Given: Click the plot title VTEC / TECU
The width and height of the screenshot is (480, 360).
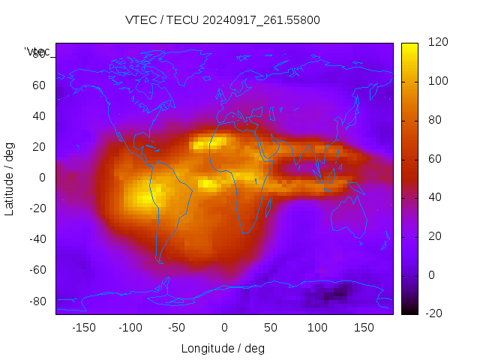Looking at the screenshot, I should click(223, 20).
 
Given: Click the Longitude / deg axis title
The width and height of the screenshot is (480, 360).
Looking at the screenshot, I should click(223, 348).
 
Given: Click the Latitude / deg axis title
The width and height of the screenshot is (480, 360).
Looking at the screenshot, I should click(10, 178).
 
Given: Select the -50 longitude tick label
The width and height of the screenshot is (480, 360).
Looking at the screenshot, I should click(177, 327).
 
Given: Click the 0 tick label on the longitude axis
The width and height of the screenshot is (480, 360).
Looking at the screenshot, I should click(224, 327).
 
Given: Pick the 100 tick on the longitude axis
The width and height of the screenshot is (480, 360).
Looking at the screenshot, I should click(317, 327).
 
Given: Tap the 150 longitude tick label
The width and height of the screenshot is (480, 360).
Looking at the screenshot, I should click(364, 327).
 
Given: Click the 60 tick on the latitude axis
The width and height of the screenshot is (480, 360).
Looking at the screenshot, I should click(39, 85).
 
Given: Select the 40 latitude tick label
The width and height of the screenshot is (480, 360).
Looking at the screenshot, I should click(39, 116).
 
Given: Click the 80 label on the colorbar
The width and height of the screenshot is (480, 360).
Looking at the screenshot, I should click(434, 120).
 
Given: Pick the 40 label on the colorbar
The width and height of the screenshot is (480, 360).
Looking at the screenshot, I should click(434, 197).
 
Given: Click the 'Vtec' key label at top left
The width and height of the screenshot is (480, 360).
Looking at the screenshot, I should click(37, 52).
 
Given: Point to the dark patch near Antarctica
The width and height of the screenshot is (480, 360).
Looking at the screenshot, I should click(331, 294).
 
